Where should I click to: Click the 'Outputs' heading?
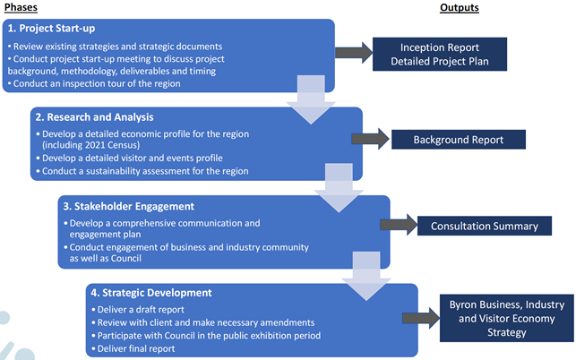coord(459,7)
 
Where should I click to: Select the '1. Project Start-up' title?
coord(51,29)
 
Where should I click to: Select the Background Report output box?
coord(459,141)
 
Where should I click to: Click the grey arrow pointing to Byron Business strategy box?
coord(420,318)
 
